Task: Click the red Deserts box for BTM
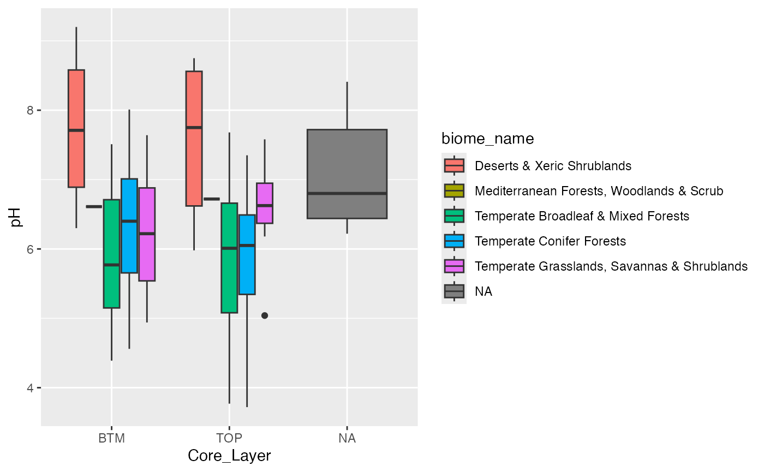tap(76, 129)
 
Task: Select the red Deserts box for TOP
tap(194, 139)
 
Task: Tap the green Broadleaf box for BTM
tap(111, 254)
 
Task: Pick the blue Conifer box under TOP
tap(247, 254)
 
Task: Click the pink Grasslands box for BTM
tap(147, 234)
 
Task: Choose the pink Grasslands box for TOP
tap(265, 203)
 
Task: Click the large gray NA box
tap(347, 174)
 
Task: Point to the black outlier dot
tap(265, 315)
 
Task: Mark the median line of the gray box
tap(347, 193)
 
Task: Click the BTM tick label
tap(111, 438)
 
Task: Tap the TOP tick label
tap(229, 438)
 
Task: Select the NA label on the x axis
tap(347, 438)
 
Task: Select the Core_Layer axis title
tap(229, 456)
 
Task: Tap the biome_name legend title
tap(487, 139)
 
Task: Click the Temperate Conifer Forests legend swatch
tap(454, 241)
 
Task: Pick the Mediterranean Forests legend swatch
tap(454, 191)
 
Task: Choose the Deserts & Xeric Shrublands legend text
tap(553, 165)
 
